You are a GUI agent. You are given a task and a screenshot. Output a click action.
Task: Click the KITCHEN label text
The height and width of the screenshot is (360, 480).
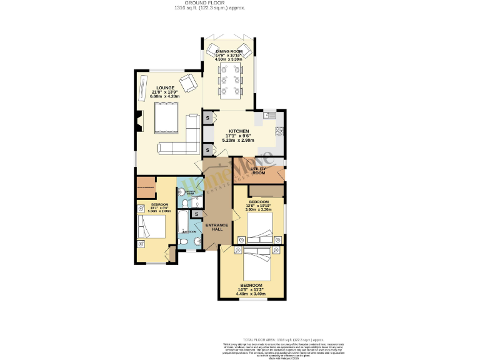click(x=239, y=131)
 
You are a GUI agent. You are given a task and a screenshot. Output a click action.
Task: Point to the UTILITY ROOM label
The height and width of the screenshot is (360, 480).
click(x=258, y=171)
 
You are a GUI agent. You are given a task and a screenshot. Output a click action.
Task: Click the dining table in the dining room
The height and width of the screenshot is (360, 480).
click(x=229, y=81)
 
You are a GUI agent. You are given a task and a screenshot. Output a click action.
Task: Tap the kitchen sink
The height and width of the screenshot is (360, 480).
click(x=269, y=115)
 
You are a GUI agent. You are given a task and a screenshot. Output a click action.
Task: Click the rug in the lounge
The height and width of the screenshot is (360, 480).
click(x=166, y=118)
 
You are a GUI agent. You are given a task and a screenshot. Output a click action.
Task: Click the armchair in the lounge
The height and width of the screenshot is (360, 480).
click(x=187, y=81)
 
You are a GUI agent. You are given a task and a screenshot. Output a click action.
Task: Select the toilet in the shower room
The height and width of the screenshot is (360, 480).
click(x=186, y=203)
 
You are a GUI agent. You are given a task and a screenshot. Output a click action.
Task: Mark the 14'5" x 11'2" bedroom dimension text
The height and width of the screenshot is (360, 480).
click(x=249, y=289)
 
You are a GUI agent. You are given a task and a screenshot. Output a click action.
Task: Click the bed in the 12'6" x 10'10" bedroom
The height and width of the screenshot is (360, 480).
click(x=263, y=226)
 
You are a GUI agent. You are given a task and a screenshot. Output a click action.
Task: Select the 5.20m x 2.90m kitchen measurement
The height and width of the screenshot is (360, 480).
click(x=239, y=141)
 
